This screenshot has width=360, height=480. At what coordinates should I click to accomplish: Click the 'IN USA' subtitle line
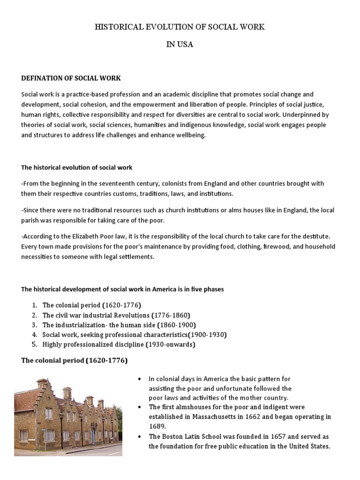click(180, 45)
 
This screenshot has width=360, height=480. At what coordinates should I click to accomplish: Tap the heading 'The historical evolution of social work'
click(77, 167)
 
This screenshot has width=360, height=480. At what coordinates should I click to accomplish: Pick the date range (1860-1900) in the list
click(176, 325)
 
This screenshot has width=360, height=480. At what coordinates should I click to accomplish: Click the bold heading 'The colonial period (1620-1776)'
click(74, 361)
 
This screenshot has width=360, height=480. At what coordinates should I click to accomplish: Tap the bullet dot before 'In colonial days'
click(140, 379)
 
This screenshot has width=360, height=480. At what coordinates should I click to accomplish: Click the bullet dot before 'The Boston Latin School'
click(140, 436)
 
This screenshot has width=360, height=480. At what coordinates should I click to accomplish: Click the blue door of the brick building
click(93, 435)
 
